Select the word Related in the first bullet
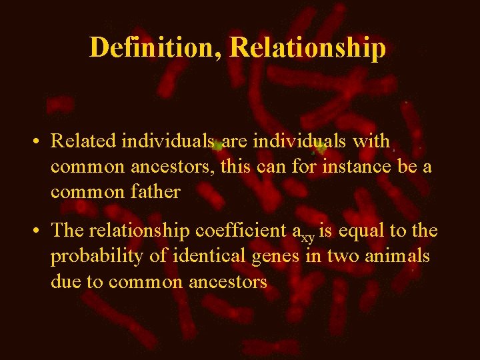[x=77, y=141]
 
